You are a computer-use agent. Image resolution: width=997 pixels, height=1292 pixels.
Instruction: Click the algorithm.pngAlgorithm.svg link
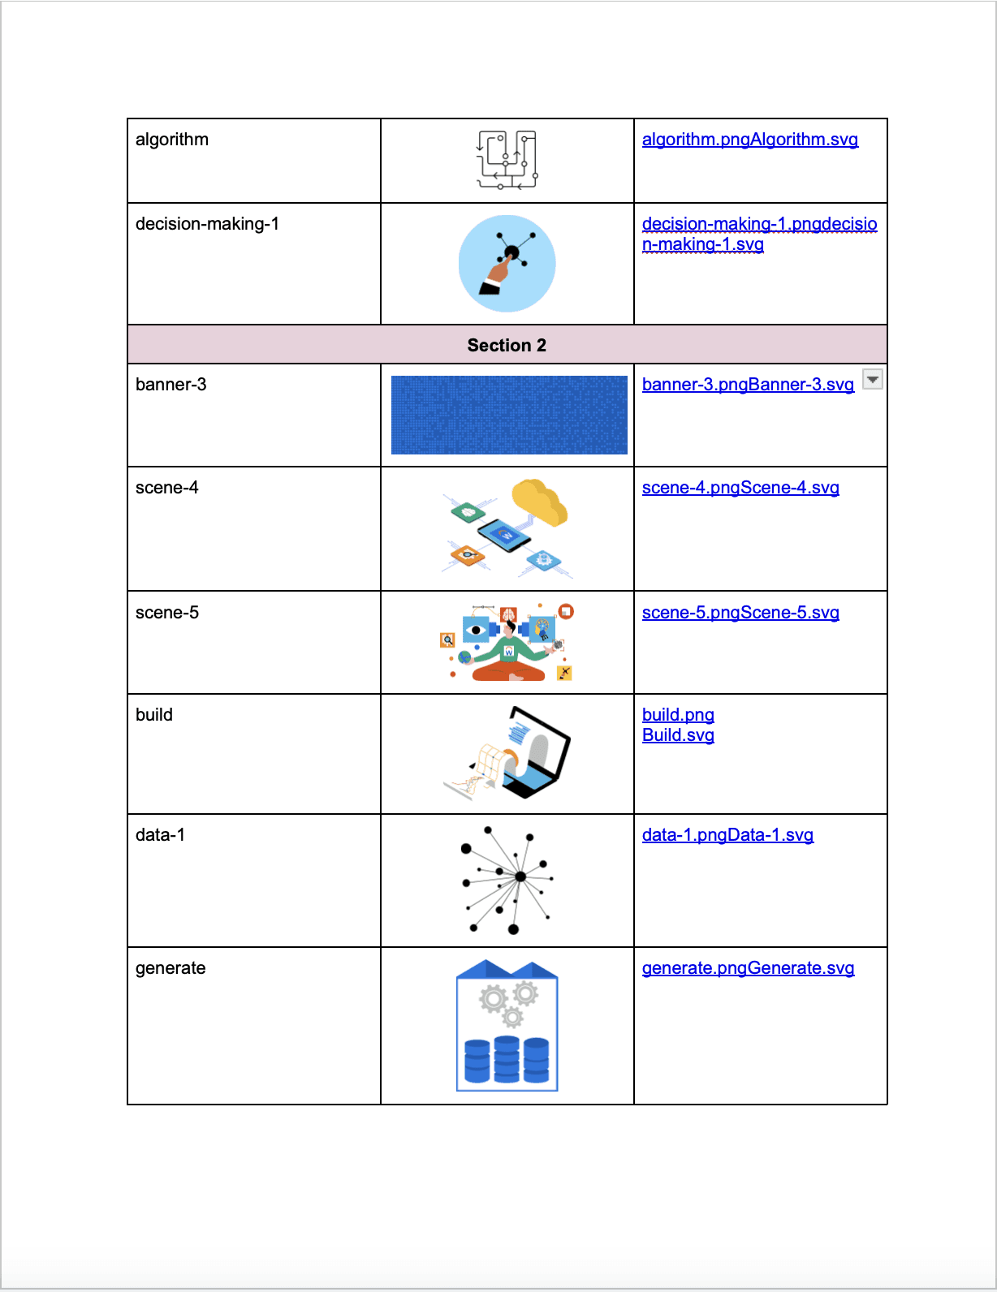pyautogui.click(x=749, y=140)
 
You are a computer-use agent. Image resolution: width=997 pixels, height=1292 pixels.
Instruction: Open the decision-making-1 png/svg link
pyautogui.click(x=759, y=234)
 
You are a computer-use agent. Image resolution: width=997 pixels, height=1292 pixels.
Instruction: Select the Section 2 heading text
pyautogui.click(x=507, y=346)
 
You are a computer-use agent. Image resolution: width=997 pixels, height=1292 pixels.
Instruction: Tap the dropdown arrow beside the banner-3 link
pyautogui.click(x=872, y=379)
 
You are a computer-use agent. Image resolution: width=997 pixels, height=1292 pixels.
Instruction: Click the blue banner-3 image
pyautogui.click(x=509, y=415)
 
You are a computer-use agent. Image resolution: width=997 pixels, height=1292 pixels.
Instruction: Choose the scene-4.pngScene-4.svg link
pyautogui.click(x=740, y=488)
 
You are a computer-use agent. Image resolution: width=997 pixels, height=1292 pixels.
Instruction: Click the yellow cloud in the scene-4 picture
pyautogui.click(x=538, y=500)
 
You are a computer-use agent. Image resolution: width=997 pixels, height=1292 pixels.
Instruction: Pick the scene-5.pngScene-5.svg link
pyautogui.click(x=740, y=613)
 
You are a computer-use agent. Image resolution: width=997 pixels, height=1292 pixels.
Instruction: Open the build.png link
pyautogui.click(x=678, y=715)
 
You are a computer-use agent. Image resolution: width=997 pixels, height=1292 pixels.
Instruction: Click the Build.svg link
pyautogui.click(x=678, y=735)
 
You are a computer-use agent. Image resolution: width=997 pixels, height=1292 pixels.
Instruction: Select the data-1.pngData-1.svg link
pyautogui.click(x=727, y=835)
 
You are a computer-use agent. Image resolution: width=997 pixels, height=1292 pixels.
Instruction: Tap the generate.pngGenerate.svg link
pyautogui.click(x=748, y=968)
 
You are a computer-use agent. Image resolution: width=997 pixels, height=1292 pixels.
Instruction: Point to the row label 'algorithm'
pyautogui.click(x=172, y=140)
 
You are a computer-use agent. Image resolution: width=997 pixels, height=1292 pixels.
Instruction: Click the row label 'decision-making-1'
pyautogui.click(x=207, y=224)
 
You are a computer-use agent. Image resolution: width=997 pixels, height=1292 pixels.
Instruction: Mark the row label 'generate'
pyautogui.click(x=170, y=968)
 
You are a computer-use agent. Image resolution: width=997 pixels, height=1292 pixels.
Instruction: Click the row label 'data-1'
pyautogui.click(x=160, y=835)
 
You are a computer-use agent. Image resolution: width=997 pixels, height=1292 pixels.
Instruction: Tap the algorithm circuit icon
pyautogui.click(x=507, y=160)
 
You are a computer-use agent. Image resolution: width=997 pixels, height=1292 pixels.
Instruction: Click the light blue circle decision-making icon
pyautogui.click(x=507, y=264)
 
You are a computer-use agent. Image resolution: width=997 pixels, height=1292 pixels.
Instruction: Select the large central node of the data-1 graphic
pyautogui.click(x=520, y=876)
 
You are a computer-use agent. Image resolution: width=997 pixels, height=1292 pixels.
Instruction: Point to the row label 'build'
pyautogui.click(x=154, y=715)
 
